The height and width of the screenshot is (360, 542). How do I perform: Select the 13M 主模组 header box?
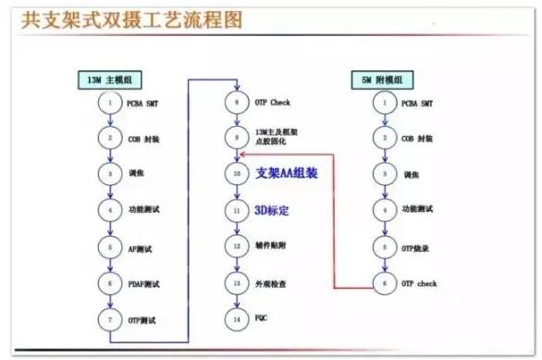coord(110,81)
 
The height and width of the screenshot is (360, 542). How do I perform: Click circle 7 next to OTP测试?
coord(110,318)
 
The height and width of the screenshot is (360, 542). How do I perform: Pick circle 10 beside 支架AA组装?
coord(237,173)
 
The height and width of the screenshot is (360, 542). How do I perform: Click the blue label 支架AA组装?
coord(289,173)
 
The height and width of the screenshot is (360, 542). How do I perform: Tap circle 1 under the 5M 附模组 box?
coord(384,102)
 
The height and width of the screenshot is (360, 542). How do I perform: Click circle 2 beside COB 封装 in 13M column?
coord(110,138)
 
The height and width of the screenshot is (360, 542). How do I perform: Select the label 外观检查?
coord(272,282)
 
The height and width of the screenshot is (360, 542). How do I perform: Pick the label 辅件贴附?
coord(272,246)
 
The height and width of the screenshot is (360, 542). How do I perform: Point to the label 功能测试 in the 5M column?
coord(418,210)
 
